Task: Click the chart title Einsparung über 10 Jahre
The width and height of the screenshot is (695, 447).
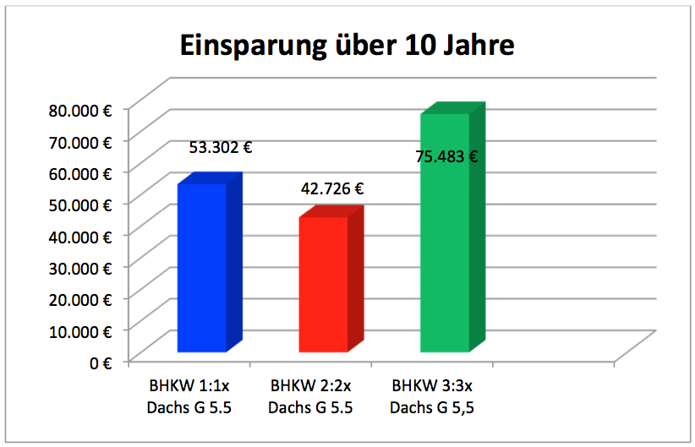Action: (x=347, y=45)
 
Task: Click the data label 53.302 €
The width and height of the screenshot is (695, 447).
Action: (x=220, y=147)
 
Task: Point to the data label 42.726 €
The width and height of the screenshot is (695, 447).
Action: (x=332, y=189)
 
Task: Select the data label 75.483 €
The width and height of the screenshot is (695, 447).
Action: (x=446, y=156)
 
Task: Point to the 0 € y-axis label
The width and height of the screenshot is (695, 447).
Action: (x=102, y=362)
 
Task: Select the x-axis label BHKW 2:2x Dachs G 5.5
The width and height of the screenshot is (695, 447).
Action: (x=310, y=396)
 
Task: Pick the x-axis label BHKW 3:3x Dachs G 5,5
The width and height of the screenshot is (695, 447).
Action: (x=432, y=396)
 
